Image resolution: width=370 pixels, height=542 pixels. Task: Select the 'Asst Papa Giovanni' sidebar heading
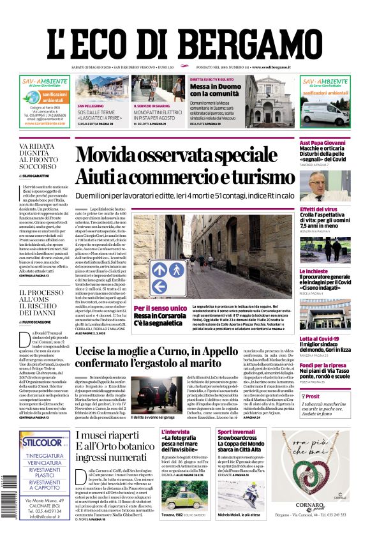coord(324,144)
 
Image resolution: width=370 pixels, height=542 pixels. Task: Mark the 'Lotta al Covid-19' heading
coord(320,338)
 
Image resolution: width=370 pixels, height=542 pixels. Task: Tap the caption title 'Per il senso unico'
coord(158,308)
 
